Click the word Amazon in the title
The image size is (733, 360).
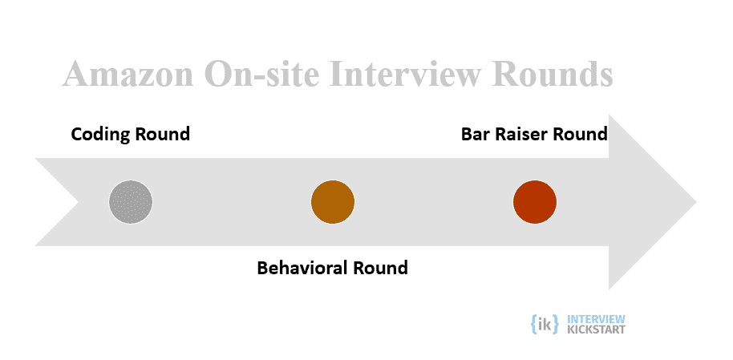tap(128, 74)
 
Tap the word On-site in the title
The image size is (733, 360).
tap(261, 74)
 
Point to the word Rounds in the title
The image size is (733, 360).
tap(552, 74)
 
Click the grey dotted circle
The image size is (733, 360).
tap(131, 202)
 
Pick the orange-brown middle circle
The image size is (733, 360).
tap(333, 202)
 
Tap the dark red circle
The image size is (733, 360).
tap(535, 202)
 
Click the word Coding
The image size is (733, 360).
tap(100, 135)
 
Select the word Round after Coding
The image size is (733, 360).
tap(163, 134)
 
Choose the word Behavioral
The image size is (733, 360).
tap(302, 268)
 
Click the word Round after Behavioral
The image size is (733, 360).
tap(380, 268)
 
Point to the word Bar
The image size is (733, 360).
tap(476, 134)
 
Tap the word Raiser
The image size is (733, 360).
tap(521, 134)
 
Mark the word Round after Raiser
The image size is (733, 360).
tap(580, 134)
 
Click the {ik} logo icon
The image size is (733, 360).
tap(545, 324)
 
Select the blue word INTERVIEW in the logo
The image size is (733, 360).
tap(596, 319)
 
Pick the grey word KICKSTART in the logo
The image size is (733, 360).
tap(596, 330)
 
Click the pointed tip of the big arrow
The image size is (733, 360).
tap(697, 202)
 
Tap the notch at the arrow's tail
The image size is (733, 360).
tap(79, 202)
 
